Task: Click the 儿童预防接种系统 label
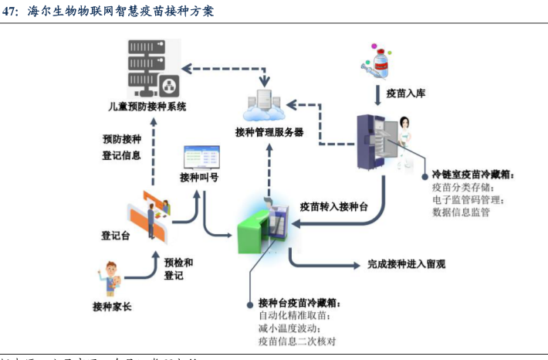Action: pyautogui.click(x=147, y=107)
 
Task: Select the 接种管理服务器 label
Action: pyautogui.click(x=269, y=131)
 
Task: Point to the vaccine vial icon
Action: pyautogui.click(x=379, y=59)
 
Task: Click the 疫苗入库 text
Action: pyautogui.click(x=406, y=93)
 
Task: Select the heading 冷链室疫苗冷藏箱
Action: pyautogui.click(x=473, y=175)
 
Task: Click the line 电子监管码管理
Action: pyautogui.click(x=468, y=199)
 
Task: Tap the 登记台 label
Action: pyautogui.click(x=114, y=236)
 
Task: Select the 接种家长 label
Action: pyautogui.click(x=111, y=307)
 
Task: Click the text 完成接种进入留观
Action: pyautogui.click(x=406, y=264)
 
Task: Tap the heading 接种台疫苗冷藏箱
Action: pyautogui.click(x=299, y=301)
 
